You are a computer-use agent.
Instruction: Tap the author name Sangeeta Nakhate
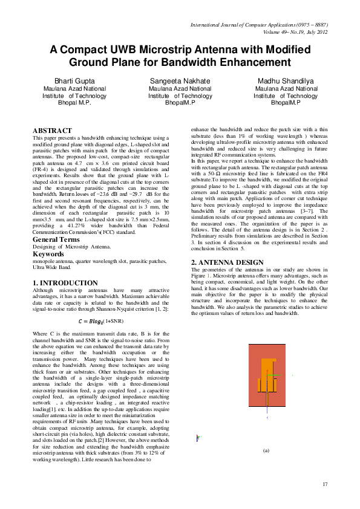180,81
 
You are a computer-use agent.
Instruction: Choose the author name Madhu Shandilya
286,81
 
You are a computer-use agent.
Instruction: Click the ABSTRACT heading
52,130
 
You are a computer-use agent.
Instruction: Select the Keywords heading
49,254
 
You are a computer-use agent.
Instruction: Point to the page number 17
325,484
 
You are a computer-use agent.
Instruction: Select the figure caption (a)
266,450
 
